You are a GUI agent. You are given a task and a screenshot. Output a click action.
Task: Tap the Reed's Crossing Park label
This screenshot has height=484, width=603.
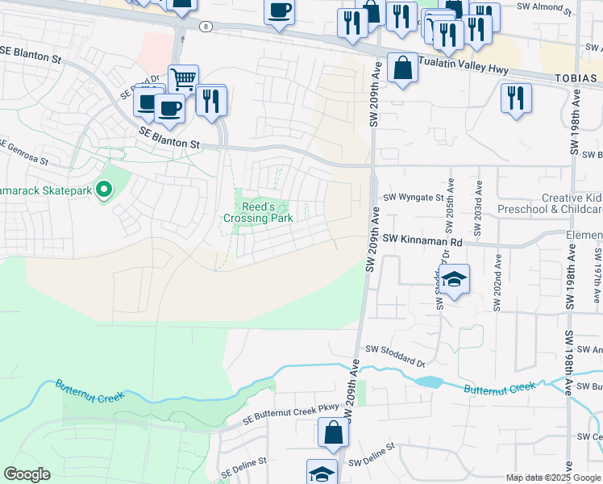tap(257, 212)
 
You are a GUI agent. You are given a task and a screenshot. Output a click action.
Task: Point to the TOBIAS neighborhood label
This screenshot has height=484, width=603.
tap(576, 78)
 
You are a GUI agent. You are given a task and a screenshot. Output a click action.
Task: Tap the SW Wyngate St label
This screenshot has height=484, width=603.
tap(414, 196)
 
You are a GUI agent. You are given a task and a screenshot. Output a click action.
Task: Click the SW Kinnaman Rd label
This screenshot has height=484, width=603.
tap(424, 240)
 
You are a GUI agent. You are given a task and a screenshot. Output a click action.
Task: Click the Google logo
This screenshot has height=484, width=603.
tap(27, 474)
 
